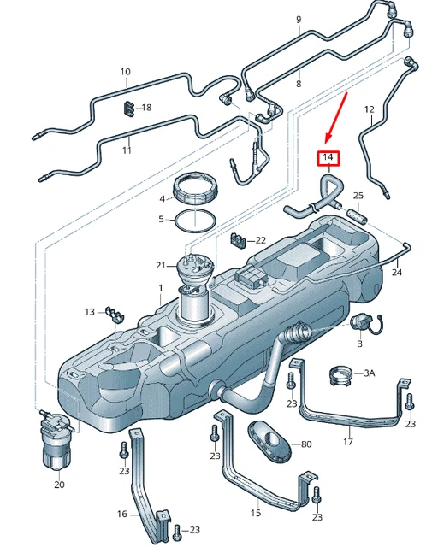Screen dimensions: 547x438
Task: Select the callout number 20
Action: (59, 485)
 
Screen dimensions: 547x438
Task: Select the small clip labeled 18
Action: (129, 108)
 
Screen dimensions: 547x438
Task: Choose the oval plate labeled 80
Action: (272, 441)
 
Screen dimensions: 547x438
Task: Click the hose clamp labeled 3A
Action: (342, 373)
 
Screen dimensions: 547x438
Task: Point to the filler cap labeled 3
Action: (364, 324)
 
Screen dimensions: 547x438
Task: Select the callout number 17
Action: (348, 443)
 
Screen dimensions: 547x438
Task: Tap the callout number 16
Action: (122, 515)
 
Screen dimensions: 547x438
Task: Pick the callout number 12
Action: (370, 109)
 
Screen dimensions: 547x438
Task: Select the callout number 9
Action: (299, 19)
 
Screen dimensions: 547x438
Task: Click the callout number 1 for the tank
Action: (160, 287)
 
